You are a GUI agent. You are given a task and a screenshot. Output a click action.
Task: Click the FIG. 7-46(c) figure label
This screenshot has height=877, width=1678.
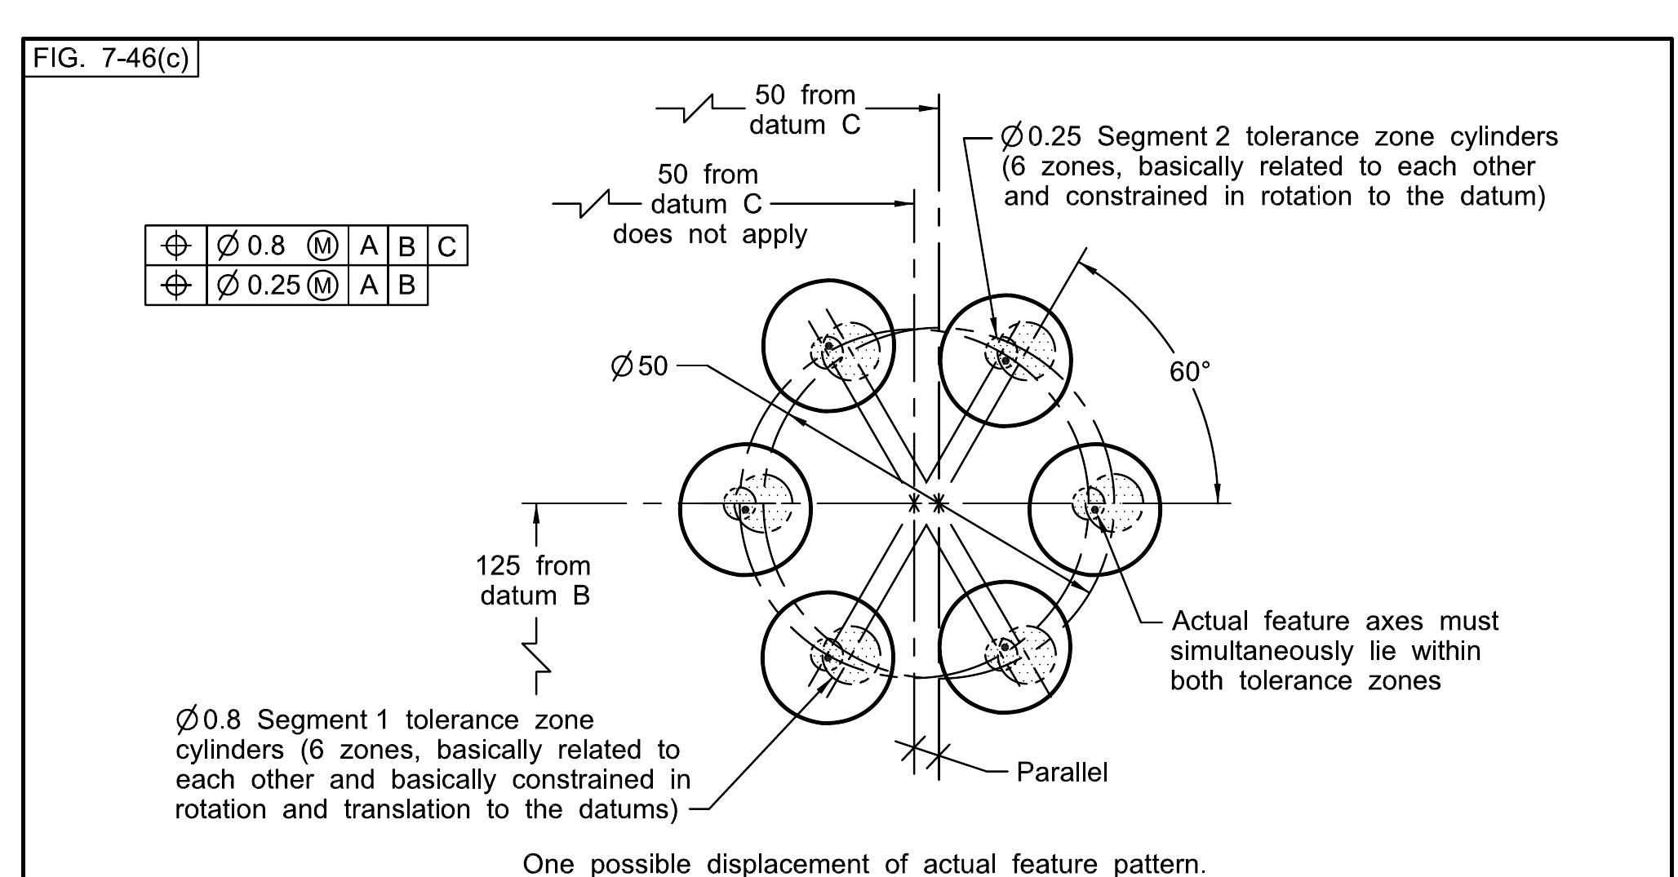[111, 60]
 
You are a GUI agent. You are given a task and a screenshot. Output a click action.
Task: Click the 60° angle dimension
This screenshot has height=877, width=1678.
[1189, 372]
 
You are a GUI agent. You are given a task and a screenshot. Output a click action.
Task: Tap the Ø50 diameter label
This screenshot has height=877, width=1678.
[639, 366]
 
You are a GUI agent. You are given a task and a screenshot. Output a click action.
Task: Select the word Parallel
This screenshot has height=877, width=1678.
[1062, 772]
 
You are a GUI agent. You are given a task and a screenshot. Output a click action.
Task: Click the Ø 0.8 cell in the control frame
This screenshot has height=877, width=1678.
[277, 246]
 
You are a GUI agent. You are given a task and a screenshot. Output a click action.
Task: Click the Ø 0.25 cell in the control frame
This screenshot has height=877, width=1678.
[277, 285]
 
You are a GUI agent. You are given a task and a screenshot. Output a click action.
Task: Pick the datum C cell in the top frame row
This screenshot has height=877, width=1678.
[447, 246]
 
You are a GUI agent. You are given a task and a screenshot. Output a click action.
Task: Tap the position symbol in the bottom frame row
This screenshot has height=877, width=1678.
[176, 285]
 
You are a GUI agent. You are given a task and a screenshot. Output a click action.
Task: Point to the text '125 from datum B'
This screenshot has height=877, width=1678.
[534, 580]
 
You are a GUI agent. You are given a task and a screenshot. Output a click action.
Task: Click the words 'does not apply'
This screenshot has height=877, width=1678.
[710, 234]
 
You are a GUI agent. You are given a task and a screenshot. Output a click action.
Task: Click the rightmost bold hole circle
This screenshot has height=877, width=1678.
[1094, 509]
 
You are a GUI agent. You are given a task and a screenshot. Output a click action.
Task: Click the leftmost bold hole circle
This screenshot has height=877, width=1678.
[745, 509]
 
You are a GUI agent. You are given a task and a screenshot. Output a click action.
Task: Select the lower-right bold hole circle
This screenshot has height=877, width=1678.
[1005, 649]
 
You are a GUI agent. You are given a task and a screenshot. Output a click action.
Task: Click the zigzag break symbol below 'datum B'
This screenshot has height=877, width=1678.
[536, 657]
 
